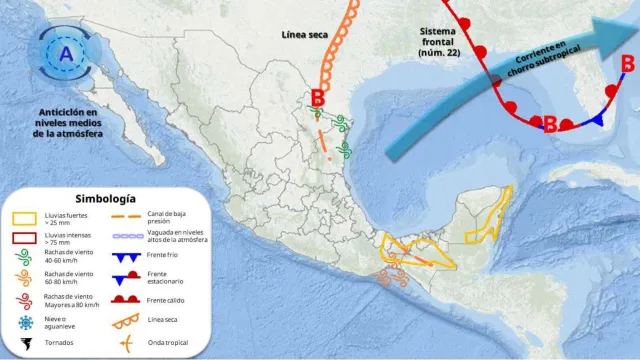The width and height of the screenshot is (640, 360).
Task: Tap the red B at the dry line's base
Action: pos(318,98)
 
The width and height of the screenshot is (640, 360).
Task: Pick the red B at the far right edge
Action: pos(627,64)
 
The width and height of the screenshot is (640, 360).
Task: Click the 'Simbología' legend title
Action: pos(105,198)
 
